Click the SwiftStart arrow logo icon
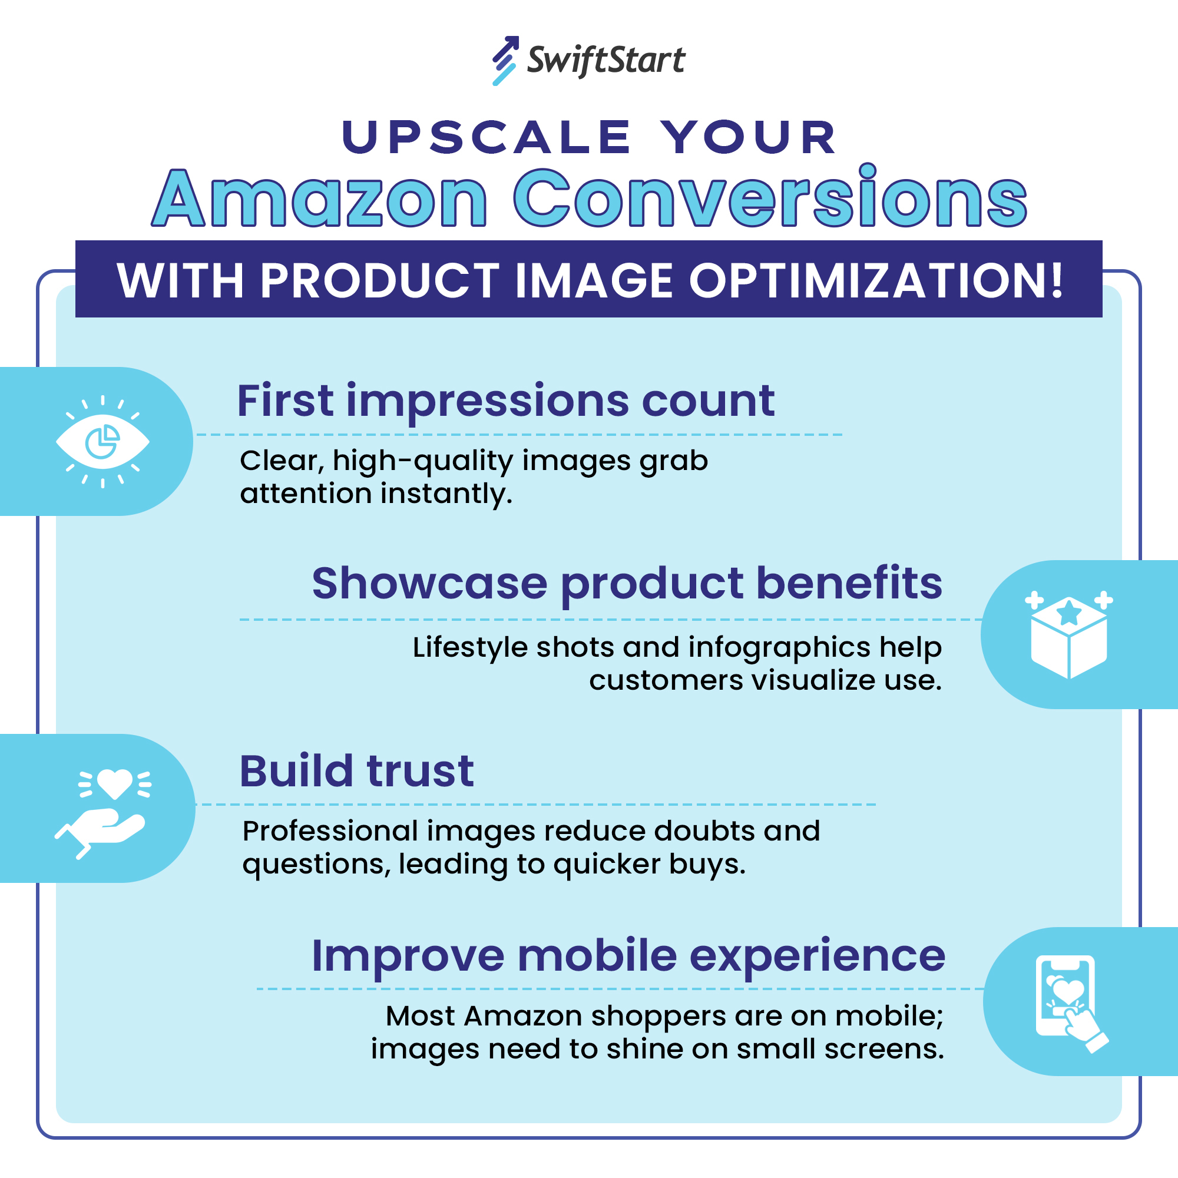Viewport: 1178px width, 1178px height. [x=505, y=60]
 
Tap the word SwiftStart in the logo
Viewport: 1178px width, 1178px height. [x=605, y=60]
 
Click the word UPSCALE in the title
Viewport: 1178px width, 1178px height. [x=486, y=137]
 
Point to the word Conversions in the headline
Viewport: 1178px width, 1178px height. [x=770, y=198]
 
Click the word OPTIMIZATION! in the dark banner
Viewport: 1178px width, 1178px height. [x=876, y=281]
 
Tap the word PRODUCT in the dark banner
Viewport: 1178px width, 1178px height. [x=379, y=281]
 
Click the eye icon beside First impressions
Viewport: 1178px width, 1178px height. [x=102, y=441]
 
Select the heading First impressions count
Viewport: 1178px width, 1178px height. [x=505, y=401]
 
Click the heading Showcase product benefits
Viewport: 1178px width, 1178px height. [x=627, y=584]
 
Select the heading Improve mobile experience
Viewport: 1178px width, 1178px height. [x=628, y=955]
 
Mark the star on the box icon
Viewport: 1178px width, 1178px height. [x=1069, y=611]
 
